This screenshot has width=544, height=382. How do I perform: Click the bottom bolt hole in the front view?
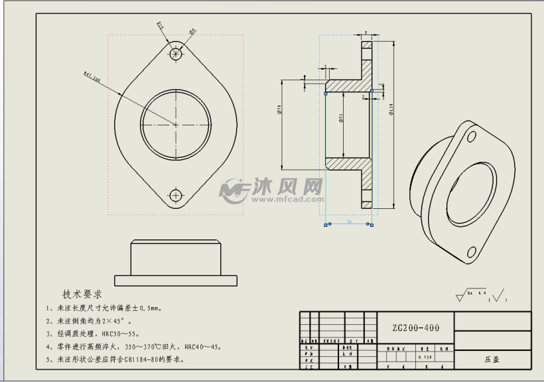[176, 195]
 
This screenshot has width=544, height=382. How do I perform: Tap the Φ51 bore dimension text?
[340, 117]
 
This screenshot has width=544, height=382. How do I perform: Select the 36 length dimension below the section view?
[349, 222]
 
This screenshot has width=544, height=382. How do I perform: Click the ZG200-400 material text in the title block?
[415, 328]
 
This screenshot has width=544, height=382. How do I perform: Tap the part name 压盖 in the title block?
[491, 359]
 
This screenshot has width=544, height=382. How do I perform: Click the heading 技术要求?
[82, 294]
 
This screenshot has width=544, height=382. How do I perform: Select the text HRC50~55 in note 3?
[119, 334]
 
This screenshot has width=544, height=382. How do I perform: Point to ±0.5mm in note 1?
[145, 308]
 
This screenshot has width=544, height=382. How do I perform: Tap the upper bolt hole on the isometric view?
[472, 137]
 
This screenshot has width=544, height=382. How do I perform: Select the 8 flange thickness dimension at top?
[367, 32]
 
